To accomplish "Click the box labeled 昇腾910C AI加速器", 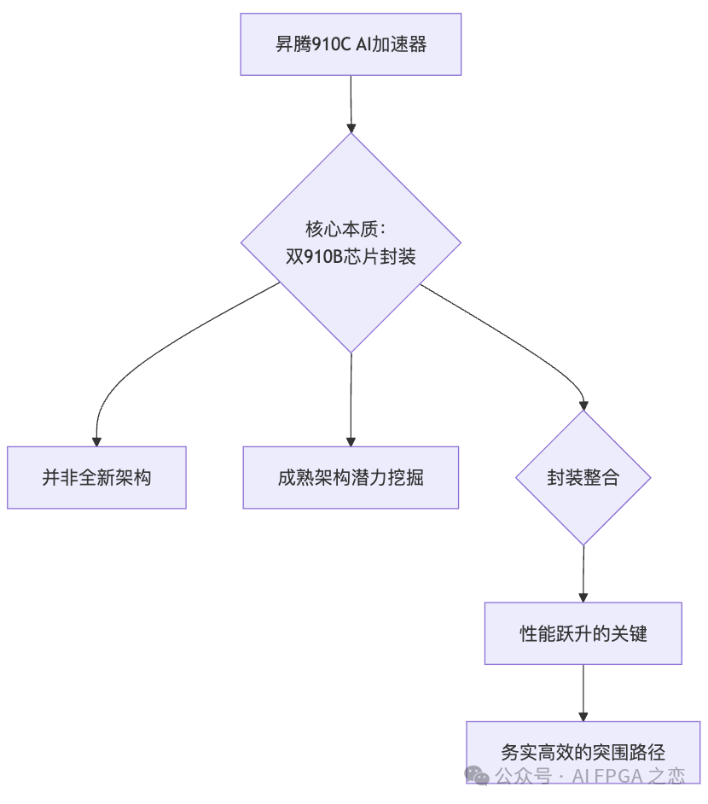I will click(x=351, y=44).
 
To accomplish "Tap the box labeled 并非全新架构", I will click(x=96, y=477).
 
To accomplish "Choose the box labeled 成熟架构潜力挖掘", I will click(x=351, y=477).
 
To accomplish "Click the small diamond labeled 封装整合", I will click(x=583, y=477).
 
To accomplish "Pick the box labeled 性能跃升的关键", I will click(x=583, y=633).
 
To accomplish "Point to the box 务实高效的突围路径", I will click(x=583, y=751).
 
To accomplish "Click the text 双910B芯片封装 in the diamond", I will click(x=351, y=255).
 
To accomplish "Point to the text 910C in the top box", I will click(x=334, y=44).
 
